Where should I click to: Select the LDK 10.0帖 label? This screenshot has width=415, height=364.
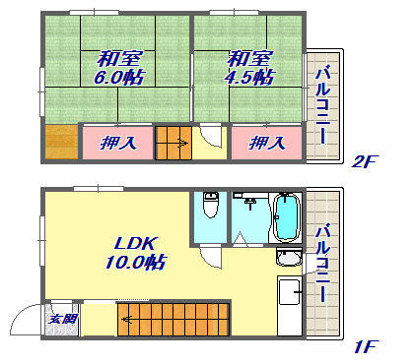click(x=136, y=253)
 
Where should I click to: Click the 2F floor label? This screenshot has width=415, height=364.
click(x=365, y=161)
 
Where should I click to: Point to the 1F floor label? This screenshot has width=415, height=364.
click(x=366, y=346)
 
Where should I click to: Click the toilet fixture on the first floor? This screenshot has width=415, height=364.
click(x=211, y=205)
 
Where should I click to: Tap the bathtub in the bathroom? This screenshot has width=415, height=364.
click(x=287, y=216)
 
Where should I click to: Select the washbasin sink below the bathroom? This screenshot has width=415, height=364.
click(x=289, y=257)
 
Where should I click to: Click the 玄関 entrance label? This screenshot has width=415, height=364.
click(x=62, y=319)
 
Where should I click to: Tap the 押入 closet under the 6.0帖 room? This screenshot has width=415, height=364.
click(x=117, y=143)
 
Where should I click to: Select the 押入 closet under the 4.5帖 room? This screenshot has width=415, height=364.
click(x=267, y=143)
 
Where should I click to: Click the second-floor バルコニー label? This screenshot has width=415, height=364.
click(x=322, y=105)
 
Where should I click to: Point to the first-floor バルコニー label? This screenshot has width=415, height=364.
click(x=322, y=263)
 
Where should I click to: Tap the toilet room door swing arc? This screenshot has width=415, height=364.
click(x=210, y=259)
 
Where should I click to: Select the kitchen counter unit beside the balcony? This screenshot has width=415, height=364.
click(x=290, y=306)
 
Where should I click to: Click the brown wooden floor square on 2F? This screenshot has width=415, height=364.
click(x=61, y=142)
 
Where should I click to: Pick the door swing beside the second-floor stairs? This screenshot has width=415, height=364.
click(x=210, y=136)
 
